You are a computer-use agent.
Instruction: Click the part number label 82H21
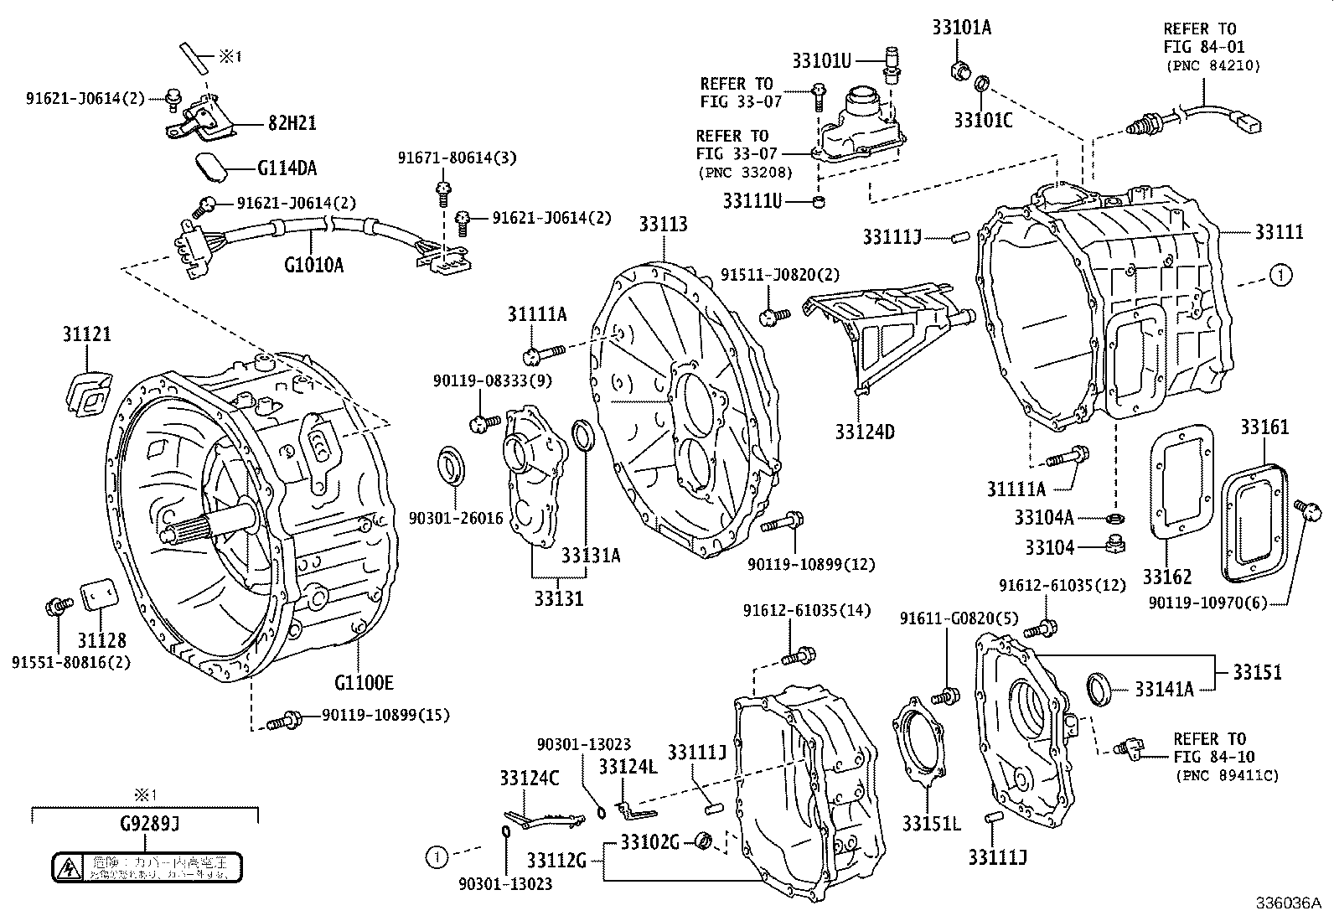[292, 123]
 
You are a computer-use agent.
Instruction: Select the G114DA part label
[287, 168]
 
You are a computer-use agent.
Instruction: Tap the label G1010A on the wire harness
[313, 266]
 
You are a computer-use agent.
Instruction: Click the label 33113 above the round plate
[663, 225]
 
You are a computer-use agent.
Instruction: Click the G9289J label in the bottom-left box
[146, 825]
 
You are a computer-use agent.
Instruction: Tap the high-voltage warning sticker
[147, 867]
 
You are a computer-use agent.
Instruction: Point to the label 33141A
[1164, 690]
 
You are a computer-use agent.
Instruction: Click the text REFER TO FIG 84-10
[1214, 748]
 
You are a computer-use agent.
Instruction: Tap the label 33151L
[931, 824]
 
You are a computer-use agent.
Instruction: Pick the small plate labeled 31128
[100, 597]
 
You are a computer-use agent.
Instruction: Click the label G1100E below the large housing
[364, 683]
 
